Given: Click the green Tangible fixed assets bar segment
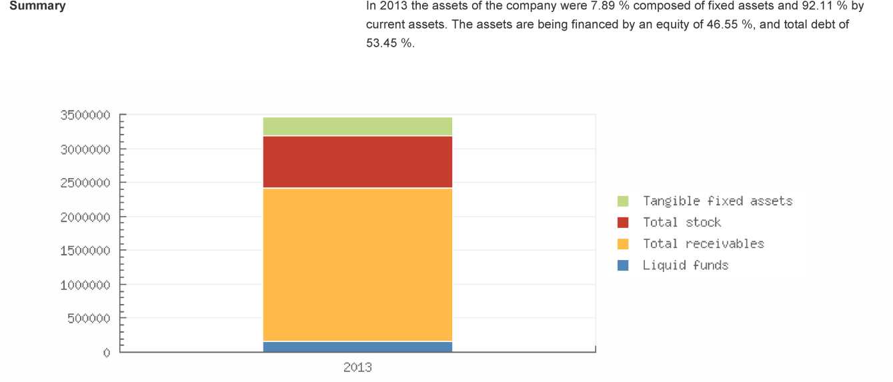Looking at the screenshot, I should click(x=357, y=126).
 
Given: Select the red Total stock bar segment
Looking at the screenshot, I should click(x=357, y=162).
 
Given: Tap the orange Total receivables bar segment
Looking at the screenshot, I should click(x=357, y=265).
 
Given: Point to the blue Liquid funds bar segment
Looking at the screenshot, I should click(x=357, y=347).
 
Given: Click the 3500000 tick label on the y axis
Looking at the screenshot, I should click(x=83, y=115).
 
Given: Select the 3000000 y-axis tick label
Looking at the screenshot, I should click(x=83, y=149).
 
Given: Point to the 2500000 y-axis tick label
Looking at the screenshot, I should click(x=83, y=183).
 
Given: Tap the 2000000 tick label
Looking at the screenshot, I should click(x=83, y=217).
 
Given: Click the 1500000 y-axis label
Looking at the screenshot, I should click(x=83, y=251).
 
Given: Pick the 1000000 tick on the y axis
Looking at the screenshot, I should click(x=83, y=285).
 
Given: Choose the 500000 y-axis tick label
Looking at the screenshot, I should click(x=87, y=318).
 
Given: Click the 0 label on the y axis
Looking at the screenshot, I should click(x=106, y=352).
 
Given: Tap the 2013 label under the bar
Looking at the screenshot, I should click(x=357, y=367).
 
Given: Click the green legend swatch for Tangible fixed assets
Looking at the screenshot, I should click(x=623, y=201).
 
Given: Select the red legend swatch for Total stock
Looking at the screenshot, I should click(x=623, y=223).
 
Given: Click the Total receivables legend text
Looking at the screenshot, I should click(x=703, y=244).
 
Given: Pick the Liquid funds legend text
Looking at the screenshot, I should click(x=685, y=265).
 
